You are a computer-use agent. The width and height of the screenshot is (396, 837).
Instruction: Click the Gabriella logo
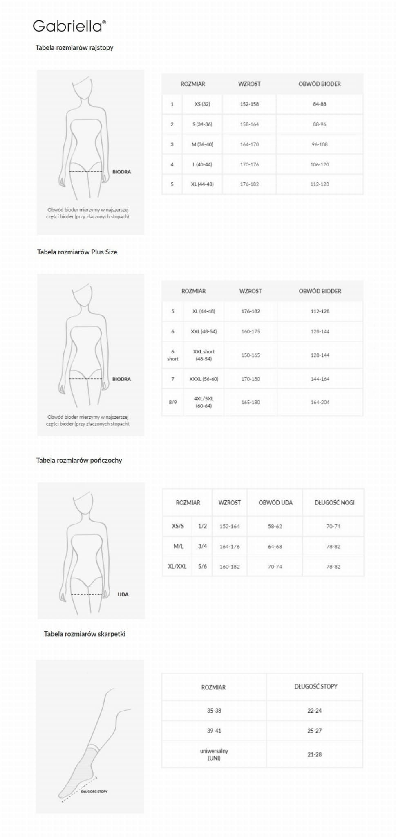[x=69, y=26]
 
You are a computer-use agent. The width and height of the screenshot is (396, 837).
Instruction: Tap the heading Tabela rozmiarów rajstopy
[x=74, y=47]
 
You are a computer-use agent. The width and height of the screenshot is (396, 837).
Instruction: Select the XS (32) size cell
[x=202, y=104]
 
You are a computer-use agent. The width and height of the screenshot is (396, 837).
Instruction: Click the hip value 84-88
[x=320, y=104]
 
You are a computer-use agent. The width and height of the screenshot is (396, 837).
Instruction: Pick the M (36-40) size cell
[x=202, y=144]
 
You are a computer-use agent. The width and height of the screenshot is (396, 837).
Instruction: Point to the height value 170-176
[x=249, y=164]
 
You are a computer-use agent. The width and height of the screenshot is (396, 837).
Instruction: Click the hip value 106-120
[x=320, y=164]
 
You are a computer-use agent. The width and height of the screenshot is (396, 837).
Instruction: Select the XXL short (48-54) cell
[x=204, y=355]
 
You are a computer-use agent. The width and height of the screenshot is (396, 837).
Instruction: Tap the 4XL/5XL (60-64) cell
[x=204, y=402]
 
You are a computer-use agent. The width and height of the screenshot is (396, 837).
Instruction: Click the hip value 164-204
[x=320, y=402]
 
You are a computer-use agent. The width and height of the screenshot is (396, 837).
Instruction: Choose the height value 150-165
[x=251, y=355]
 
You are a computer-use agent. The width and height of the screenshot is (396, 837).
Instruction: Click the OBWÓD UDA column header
[x=275, y=502]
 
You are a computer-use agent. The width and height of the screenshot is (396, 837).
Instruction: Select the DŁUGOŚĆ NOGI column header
[x=334, y=502]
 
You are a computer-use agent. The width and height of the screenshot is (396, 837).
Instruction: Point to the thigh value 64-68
[x=275, y=547]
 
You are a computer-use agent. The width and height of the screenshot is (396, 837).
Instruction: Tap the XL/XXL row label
[x=177, y=567]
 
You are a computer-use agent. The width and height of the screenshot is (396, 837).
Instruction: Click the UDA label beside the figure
[x=123, y=594]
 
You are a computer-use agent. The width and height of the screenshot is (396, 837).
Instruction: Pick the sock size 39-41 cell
[x=214, y=731]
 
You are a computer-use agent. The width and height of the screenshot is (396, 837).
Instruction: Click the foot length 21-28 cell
[x=315, y=754]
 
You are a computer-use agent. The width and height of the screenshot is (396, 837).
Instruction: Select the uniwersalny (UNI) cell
[x=214, y=754]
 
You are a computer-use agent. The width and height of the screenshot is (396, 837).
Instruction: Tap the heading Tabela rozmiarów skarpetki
[x=85, y=634]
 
